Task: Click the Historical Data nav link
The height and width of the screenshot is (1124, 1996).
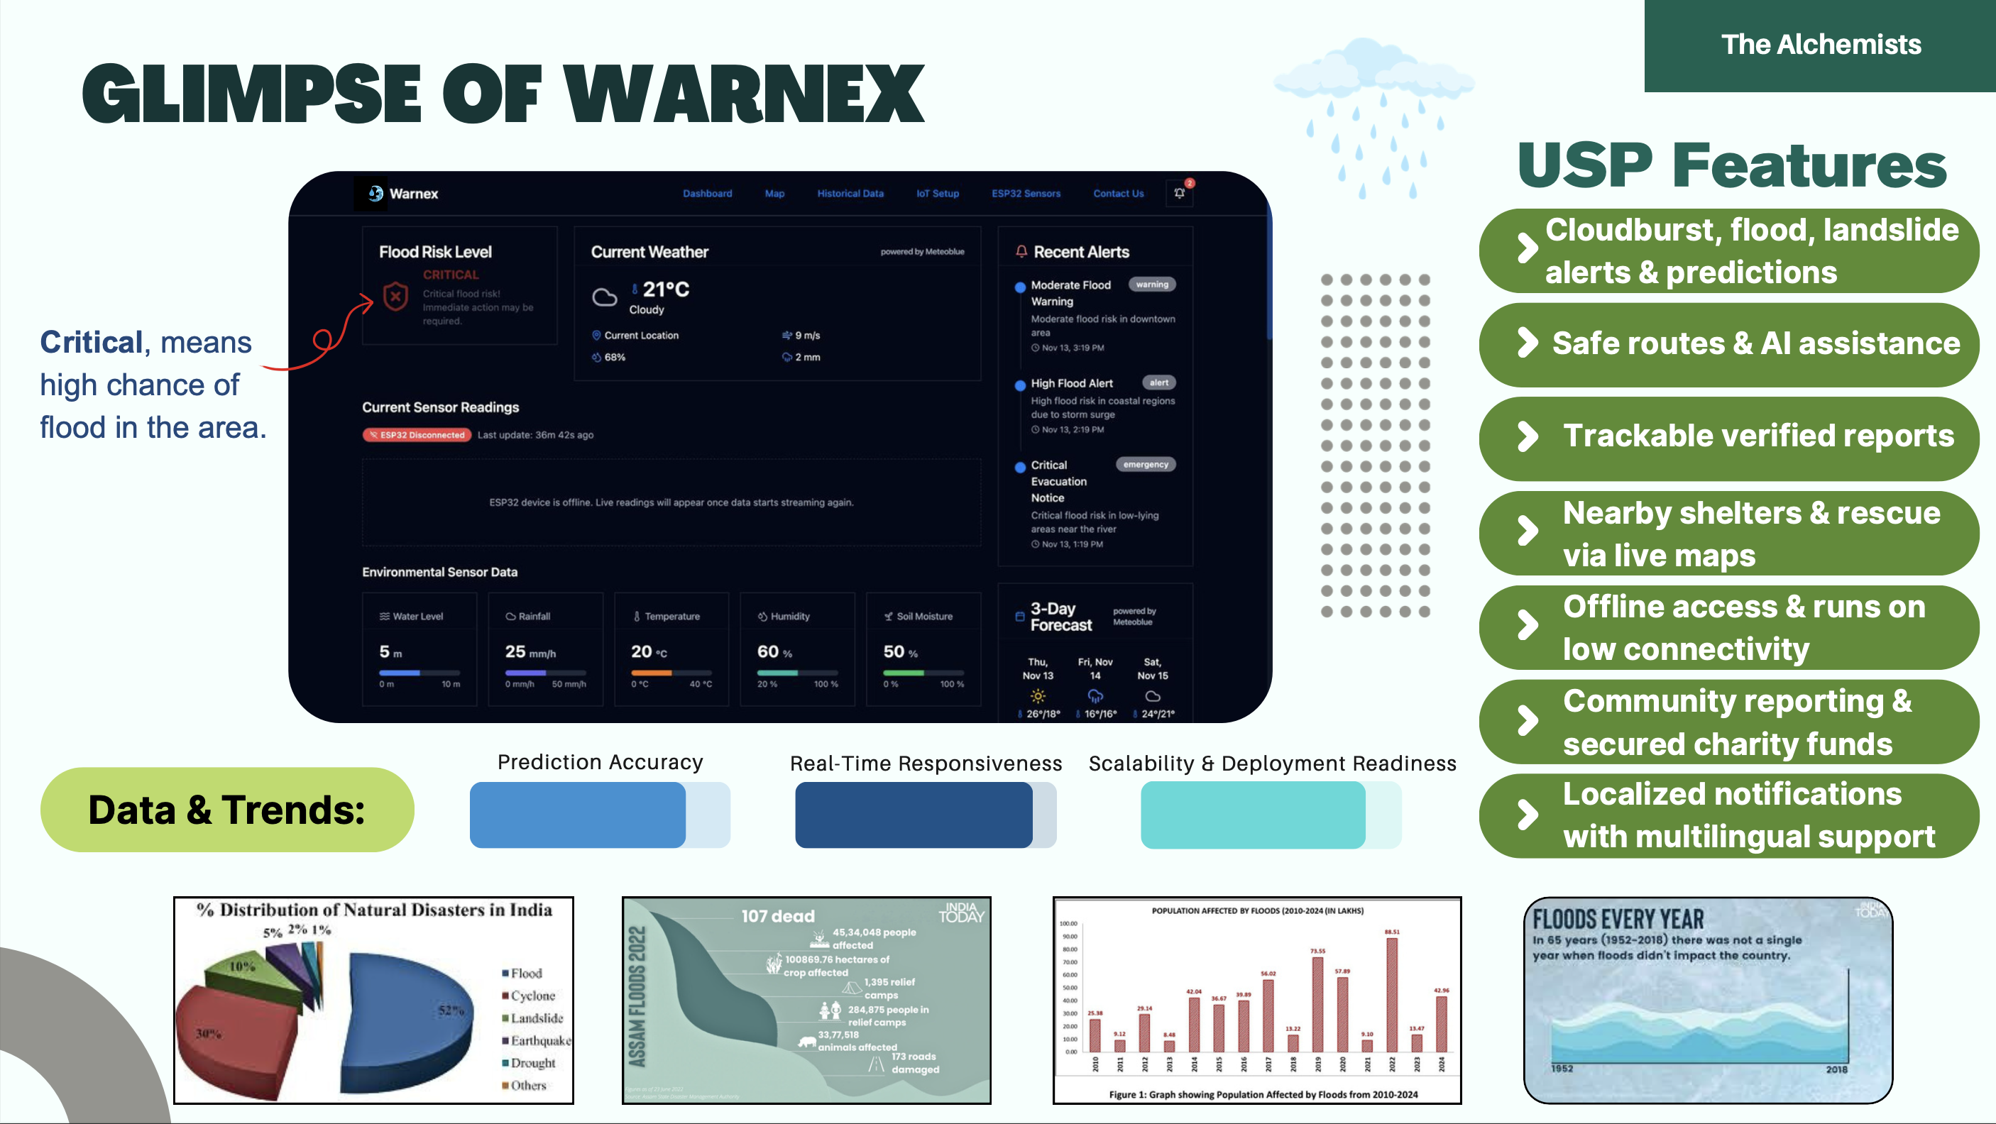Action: coord(850,194)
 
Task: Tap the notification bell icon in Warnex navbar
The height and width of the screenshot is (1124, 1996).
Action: coord(1179,193)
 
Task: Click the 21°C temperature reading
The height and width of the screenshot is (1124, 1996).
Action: coord(665,289)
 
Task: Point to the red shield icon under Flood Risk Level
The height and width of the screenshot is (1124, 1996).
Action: coord(396,296)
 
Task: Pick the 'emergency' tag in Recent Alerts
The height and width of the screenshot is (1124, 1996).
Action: coord(1145,465)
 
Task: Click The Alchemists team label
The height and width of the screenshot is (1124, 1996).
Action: coord(1821,44)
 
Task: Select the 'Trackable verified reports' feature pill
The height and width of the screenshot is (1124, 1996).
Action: coord(1728,436)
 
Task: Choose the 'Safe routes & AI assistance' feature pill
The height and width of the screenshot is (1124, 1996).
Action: coord(1728,343)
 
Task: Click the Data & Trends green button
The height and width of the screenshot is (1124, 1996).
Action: coord(227,810)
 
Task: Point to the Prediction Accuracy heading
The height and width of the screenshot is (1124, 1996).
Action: coord(600,762)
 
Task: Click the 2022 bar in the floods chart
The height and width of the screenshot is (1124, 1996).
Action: coord(1392,994)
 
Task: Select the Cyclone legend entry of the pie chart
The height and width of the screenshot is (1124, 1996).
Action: coord(532,996)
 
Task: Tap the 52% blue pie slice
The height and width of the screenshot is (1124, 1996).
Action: coord(411,1015)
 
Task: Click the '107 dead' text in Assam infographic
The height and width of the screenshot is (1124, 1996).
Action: coord(777,916)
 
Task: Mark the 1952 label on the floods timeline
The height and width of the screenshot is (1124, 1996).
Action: coord(1562,1068)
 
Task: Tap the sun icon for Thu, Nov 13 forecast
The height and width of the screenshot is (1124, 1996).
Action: coord(1038,695)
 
